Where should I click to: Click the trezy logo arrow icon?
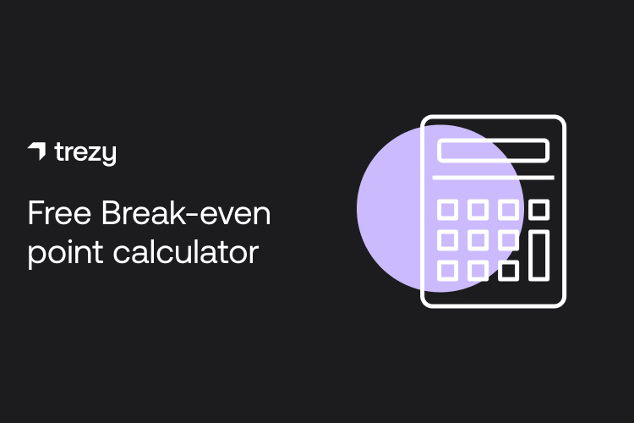click(37, 151)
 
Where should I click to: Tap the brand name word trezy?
click(85, 153)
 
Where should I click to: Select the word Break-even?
click(186, 213)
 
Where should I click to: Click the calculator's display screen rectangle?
click(493, 151)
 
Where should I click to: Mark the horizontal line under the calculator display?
click(493, 178)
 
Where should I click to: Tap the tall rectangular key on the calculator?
click(538, 255)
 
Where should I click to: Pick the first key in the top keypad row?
click(447, 209)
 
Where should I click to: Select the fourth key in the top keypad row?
click(538, 209)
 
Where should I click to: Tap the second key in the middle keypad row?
click(478, 240)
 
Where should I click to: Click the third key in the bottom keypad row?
click(508, 271)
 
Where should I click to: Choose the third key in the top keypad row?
click(508, 209)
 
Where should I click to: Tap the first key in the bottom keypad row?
click(447, 271)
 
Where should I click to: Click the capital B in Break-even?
click(112, 213)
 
